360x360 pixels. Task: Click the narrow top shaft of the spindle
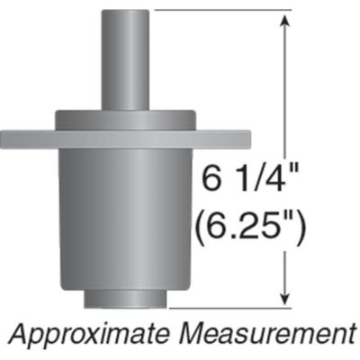125,58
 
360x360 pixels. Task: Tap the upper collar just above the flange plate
125,121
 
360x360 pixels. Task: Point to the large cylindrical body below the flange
125,216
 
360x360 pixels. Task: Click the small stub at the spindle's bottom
125,298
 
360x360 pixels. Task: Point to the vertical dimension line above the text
285,90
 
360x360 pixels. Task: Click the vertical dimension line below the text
285,270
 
